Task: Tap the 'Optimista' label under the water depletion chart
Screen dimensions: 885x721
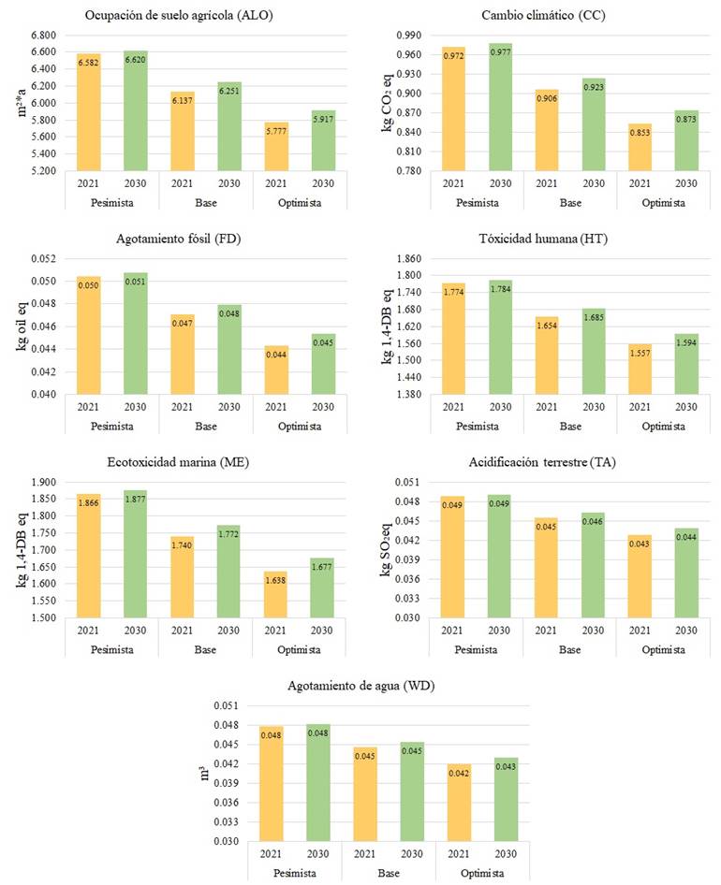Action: pyautogui.click(x=482, y=873)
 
